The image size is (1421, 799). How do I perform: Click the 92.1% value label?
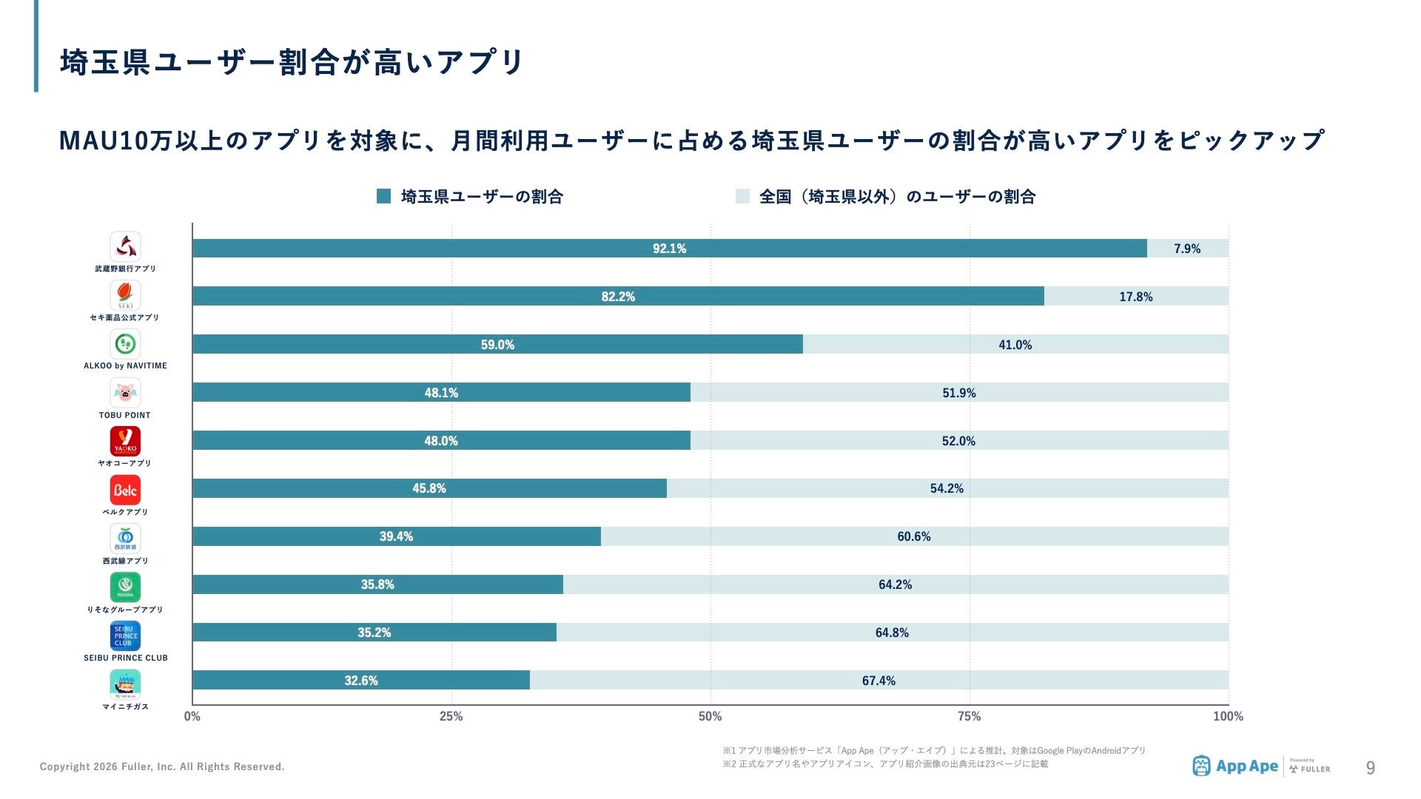coord(669,249)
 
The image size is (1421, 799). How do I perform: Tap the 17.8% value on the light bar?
coord(1135,297)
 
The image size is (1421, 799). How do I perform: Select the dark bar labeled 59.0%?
coord(497,344)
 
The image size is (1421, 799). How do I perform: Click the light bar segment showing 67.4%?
coord(879,681)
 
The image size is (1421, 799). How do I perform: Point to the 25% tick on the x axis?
coord(451,716)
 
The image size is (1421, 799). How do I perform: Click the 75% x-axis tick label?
coord(969,716)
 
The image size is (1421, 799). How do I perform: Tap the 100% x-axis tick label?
coord(1228,716)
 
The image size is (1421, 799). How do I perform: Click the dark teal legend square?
coord(383,196)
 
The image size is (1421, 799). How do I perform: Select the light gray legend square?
coord(742,196)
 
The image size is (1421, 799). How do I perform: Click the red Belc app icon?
coord(125,490)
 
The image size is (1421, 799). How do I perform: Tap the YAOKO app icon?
coord(125,441)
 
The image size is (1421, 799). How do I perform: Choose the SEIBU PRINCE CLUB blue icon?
coord(125,636)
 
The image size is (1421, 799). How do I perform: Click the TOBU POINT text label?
coord(125,415)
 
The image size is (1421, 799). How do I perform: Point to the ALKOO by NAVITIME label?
coord(125,365)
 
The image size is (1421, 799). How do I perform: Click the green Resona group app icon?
coord(125,587)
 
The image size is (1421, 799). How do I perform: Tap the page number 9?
coord(1370,768)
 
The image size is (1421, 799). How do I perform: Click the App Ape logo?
coord(1235,766)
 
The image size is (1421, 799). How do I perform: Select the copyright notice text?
coord(162,766)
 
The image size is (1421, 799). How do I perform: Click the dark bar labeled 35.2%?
coord(374,633)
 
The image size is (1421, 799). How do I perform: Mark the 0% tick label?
coord(192,716)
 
